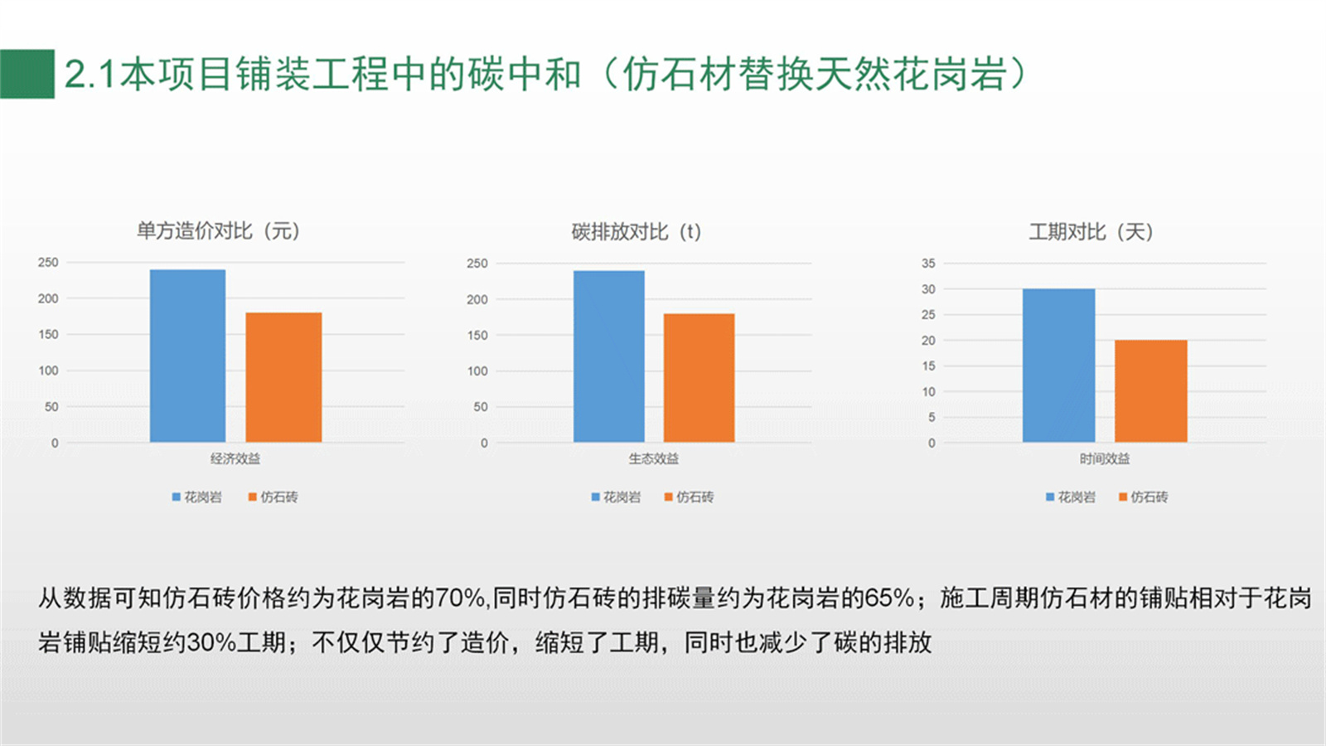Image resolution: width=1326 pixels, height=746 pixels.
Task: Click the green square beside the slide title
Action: point(27,74)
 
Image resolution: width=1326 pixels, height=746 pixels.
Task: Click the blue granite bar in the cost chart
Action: point(187,356)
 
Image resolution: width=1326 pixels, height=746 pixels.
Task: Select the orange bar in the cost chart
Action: point(283,377)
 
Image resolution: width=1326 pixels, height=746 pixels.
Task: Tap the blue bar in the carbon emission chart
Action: point(608,356)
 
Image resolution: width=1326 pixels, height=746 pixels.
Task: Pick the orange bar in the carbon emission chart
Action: point(699,378)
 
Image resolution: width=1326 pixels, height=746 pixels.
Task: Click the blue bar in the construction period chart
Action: point(1058,366)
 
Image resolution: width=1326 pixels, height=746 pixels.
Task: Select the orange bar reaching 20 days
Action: point(1151,390)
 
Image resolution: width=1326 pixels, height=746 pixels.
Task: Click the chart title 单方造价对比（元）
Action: point(219,230)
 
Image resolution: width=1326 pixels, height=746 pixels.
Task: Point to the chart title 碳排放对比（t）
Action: point(636,231)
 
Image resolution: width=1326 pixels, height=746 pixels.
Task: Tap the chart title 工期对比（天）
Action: point(1091,231)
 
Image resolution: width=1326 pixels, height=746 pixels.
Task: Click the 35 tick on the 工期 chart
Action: point(928,264)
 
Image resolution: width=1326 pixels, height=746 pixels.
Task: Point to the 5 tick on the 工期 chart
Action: point(932,418)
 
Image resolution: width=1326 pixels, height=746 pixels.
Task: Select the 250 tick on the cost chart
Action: point(48,262)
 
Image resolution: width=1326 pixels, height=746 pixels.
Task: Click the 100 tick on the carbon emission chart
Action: point(477,371)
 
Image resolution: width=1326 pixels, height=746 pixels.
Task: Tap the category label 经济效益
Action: point(235,458)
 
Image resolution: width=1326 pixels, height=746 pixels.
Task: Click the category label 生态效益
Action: point(654,458)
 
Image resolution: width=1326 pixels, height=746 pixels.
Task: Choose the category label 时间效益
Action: point(1105,458)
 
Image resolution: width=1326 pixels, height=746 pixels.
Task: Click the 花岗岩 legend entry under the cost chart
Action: point(196,497)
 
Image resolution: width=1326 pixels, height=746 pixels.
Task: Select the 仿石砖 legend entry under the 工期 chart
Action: point(1143,497)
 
